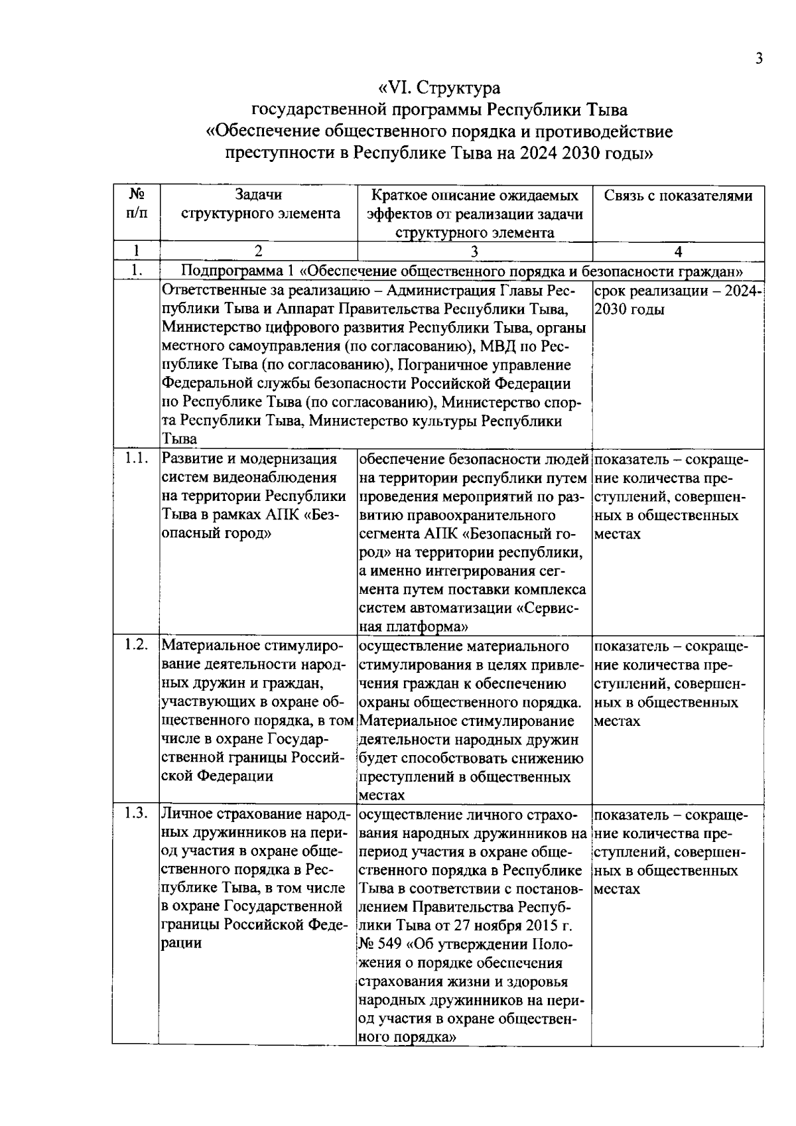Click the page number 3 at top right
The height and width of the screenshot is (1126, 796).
click(x=759, y=58)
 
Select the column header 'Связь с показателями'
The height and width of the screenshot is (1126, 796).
click(x=678, y=196)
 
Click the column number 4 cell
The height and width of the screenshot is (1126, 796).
click(x=678, y=251)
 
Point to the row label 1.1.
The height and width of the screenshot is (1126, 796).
click(x=136, y=458)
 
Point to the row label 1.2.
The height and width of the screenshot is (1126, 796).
click(x=136, y=645)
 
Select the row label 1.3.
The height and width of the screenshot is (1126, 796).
click(x=136, y=815)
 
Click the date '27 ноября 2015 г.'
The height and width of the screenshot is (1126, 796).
click(x=511, y=926)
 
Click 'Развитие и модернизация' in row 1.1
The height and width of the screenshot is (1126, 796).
click(x=249, y=459)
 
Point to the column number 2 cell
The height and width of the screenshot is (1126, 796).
click(x=258, y=251)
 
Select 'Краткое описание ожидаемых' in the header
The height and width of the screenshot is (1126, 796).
click(x=474, y=196)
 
